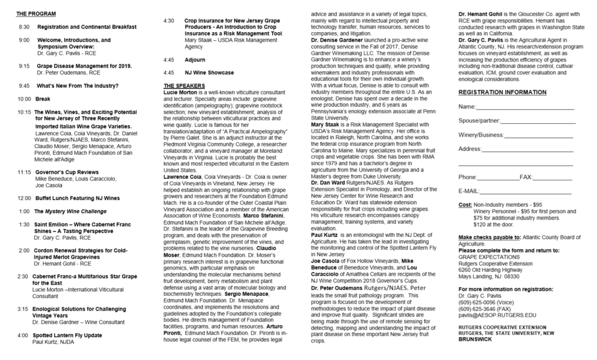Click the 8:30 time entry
(x=24, y=27)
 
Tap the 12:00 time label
(x=24, y=198)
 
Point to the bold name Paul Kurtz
(x=325, y=235)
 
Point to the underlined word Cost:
(x=465, y=205)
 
